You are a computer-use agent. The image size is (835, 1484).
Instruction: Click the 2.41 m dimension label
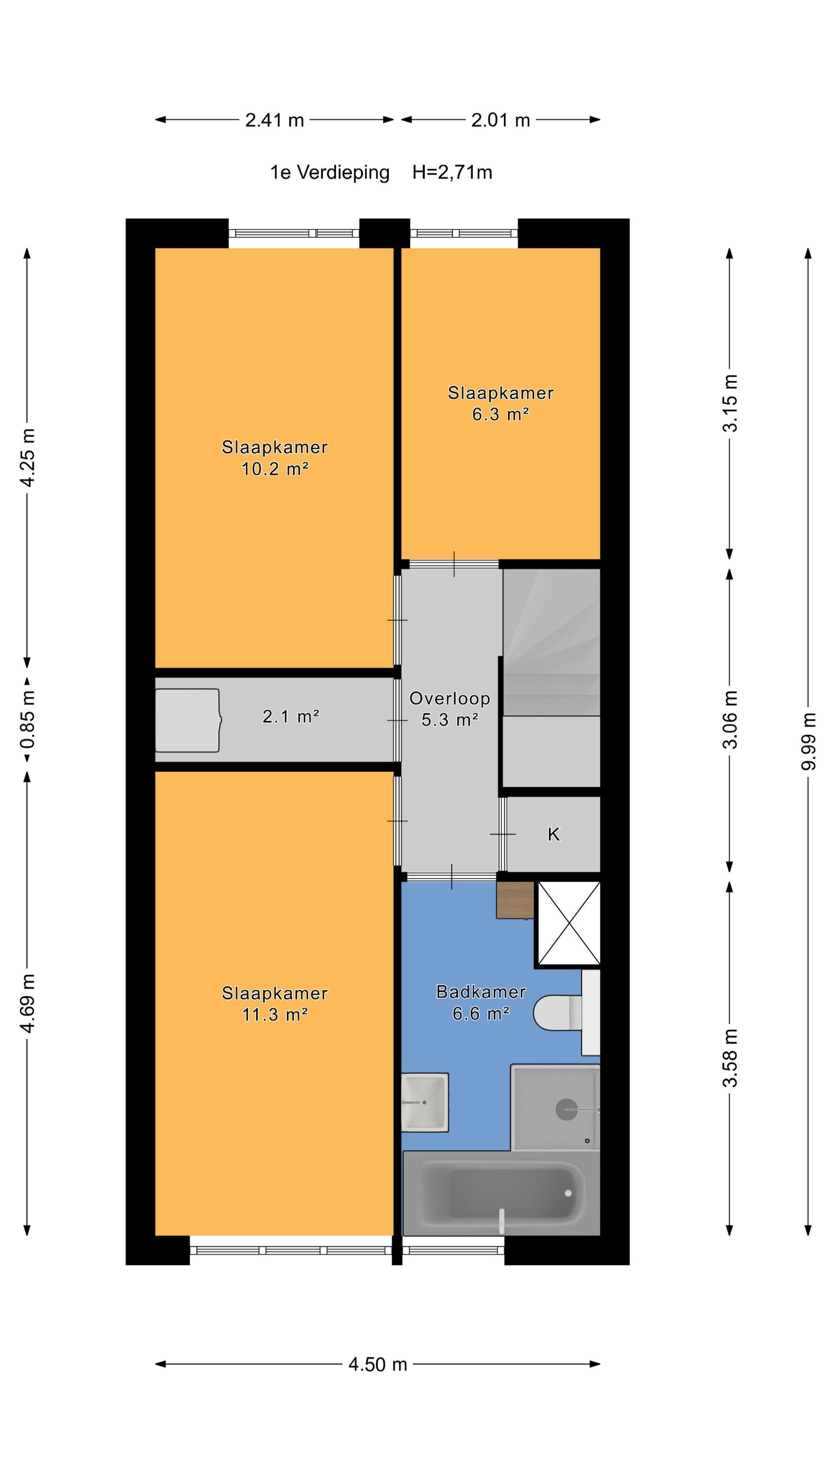[x=275, y=120]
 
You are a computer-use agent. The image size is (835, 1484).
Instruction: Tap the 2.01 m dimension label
[x=500, y=120]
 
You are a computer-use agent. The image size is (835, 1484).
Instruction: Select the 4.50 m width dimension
[x=377, y=1364]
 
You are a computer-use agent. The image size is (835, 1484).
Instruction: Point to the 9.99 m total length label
[x=808, y=741]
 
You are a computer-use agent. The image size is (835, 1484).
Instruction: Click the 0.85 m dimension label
[x=27, y=720]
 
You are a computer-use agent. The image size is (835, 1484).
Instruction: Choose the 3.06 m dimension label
[x=730, y=720]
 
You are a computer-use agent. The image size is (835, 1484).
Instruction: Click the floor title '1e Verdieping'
[x=329, y=172]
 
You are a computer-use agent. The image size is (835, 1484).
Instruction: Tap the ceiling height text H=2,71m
[x=452, y=172]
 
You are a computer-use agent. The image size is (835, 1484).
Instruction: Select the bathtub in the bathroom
[x=501, y=1193]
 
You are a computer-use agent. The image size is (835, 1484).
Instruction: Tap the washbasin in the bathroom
[x=425, y=1102]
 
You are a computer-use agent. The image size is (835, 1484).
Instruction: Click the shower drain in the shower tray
[x=566, y=1109]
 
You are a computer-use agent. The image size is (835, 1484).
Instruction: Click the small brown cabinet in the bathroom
[x=515, y=900]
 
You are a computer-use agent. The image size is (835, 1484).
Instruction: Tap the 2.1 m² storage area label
[x=291, y=717]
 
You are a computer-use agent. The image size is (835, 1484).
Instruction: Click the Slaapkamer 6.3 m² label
[x=500, y=404]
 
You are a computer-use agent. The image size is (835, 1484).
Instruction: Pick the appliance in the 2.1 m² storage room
[x=188, y=720]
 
